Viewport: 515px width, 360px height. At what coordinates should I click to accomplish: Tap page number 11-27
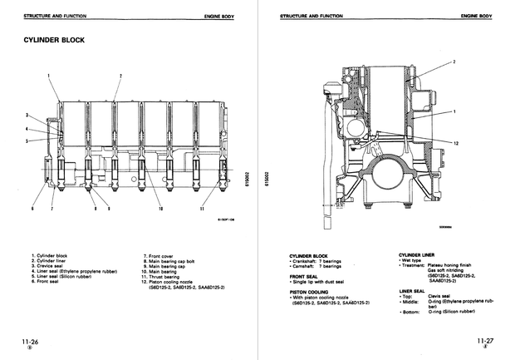coord(485,341)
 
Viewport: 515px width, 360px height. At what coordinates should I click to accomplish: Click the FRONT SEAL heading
coord(303,275)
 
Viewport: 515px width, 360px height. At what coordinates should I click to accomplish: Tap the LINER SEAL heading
coord(413,291)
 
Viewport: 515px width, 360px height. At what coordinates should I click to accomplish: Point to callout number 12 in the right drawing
coord(457,143)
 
